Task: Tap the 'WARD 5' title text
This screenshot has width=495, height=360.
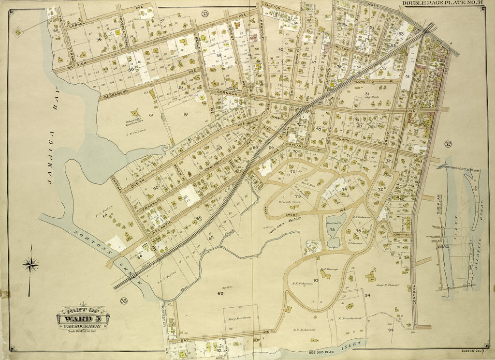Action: pyautogui.click(x=83, y=318)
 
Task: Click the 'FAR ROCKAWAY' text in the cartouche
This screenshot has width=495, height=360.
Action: pyautogui.click(x=83, y=326)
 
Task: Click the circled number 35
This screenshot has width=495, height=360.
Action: pyautogui.click(x=124, y=301)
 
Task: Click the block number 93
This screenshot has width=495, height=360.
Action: pyautogui.click(x=316, y=280)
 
